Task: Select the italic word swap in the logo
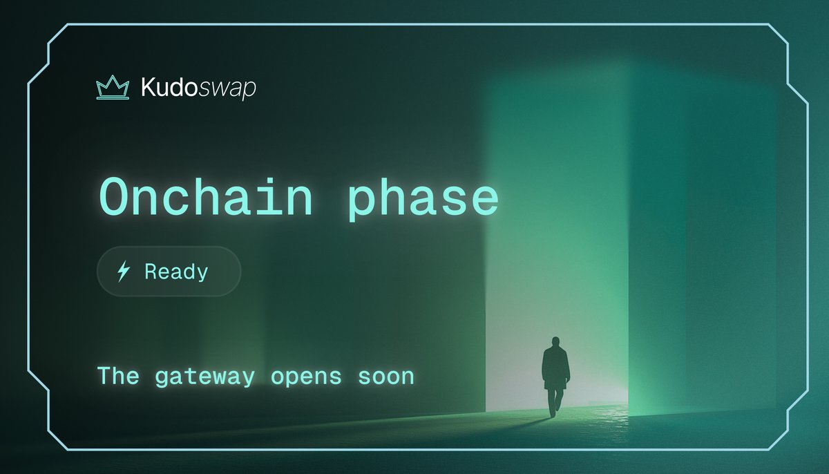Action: (227, 90)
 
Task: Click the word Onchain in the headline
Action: (205, 198)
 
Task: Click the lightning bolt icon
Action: (124, 272)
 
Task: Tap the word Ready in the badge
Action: (176, 272)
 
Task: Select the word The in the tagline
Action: (117, 376)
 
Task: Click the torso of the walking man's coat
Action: (555, 366)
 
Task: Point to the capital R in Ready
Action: (151, 272)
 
